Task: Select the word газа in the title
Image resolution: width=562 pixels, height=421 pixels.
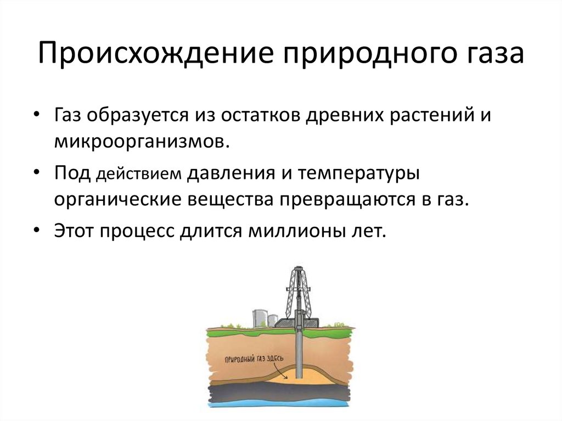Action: coord(493,57)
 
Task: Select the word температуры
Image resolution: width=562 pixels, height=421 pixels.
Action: coord(359,174)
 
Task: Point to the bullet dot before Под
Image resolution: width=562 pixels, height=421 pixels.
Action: coord(36,172)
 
